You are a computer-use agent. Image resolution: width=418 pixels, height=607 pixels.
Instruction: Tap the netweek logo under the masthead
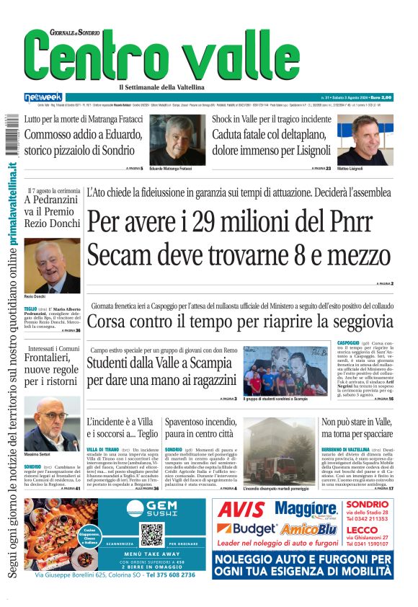coord(43,97)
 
